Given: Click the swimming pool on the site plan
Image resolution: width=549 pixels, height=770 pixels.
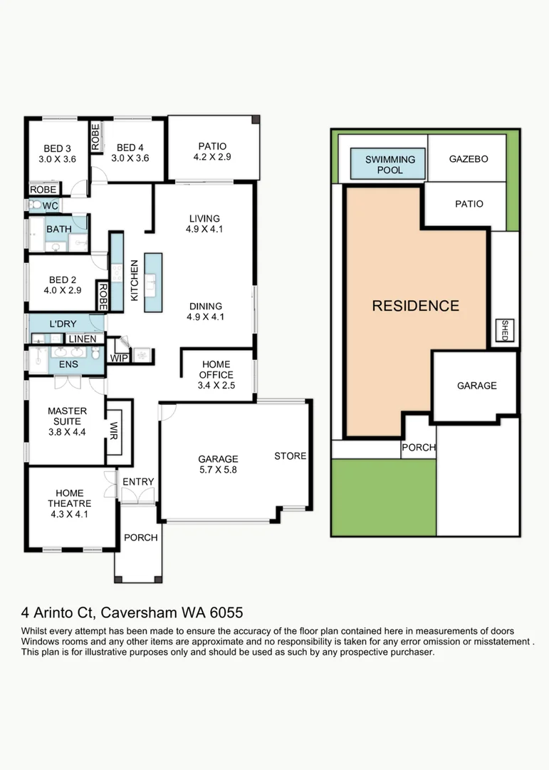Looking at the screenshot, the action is (387, 164).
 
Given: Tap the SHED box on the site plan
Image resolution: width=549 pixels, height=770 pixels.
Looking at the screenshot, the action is (504, 330).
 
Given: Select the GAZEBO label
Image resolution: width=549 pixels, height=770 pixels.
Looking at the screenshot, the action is (469, 159).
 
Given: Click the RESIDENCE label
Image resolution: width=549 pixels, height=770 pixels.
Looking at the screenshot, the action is (416, 306).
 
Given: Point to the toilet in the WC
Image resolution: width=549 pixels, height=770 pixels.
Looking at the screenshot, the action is (35, 205).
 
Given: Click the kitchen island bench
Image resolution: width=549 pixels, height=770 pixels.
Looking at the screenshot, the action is (153, 282).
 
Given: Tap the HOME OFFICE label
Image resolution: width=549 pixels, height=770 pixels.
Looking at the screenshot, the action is (216, 369).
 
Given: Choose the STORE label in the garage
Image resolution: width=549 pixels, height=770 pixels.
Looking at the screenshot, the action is (291, 456).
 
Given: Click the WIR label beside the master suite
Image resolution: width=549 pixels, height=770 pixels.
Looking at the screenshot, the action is (114, 431).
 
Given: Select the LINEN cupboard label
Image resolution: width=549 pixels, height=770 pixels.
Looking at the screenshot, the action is (83, 339).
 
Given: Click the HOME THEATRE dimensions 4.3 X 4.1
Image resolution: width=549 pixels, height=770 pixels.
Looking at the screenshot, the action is (69, 514).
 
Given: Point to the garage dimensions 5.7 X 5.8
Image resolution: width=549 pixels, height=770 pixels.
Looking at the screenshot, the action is (218, 469).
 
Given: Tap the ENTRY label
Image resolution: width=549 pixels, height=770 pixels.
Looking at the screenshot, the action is (138, 482).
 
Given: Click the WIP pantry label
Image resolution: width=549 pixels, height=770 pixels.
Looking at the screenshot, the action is (119, 358).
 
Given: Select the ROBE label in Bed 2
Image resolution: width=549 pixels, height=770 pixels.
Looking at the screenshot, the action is (103, 296).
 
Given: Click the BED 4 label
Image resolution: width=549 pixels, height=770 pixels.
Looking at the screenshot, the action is (130, 148).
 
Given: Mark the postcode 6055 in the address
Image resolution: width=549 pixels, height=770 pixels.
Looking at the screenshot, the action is (226, 613).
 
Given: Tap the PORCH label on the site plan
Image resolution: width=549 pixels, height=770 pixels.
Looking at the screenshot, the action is (419, 447).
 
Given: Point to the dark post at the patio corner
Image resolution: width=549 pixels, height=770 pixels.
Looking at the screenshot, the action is (256, 120).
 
